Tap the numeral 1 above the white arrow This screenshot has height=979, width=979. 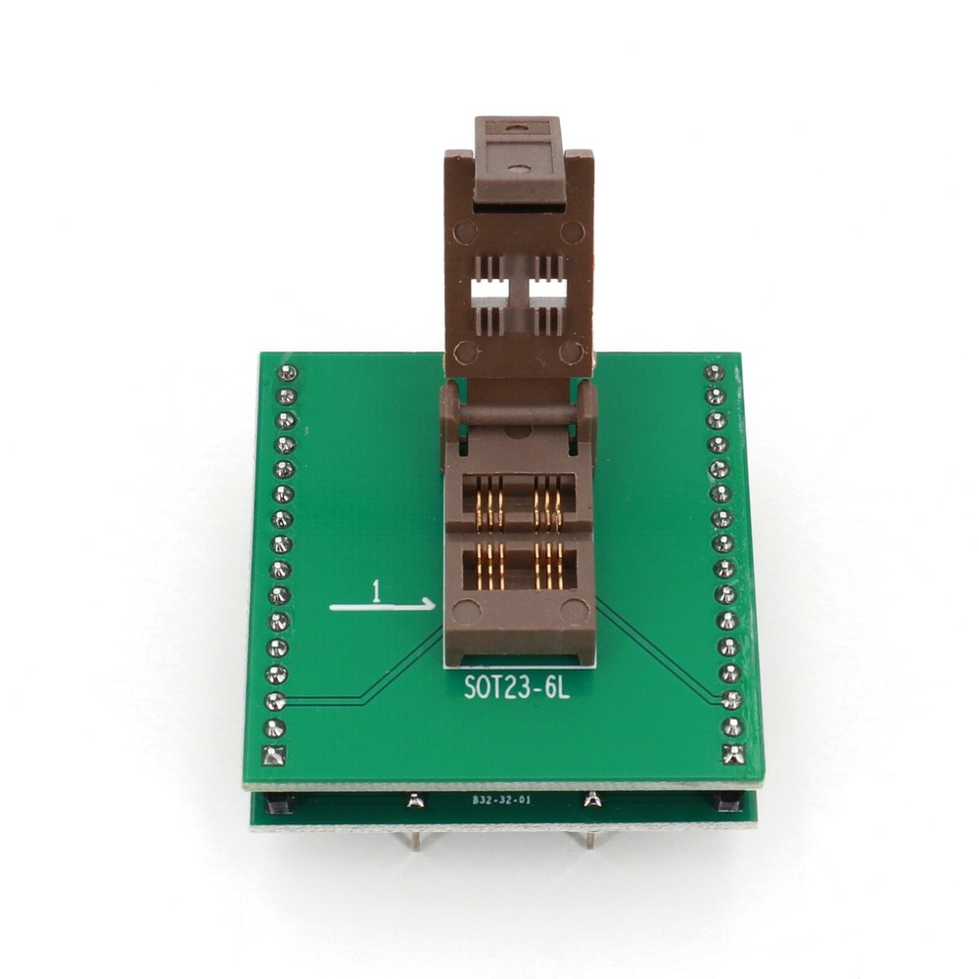coord(375,590)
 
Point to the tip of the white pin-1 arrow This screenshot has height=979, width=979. coord(434,606)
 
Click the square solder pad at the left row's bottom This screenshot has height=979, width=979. coord(274,755)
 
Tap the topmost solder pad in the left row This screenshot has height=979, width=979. coord(287,373)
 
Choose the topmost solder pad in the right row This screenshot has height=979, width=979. coord(714,373)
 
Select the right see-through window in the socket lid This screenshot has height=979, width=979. coord(548,290)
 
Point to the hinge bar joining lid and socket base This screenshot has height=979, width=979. coord(519,412)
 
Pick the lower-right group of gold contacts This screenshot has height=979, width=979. coord(547,568)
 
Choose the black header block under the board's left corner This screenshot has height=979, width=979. coord(277,803)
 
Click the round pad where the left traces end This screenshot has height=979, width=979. coord(276,701)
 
